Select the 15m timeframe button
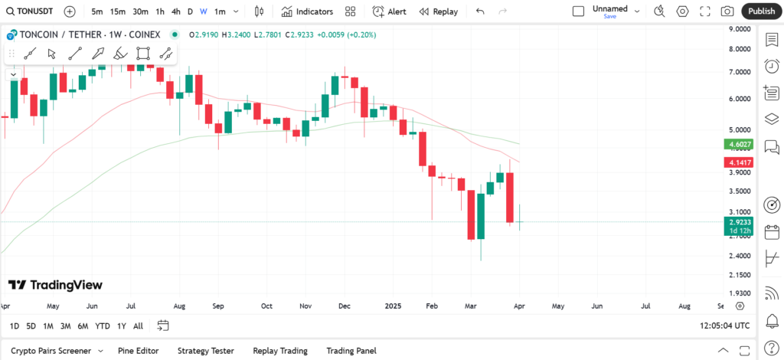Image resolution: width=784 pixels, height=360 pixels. [x=117, y=11]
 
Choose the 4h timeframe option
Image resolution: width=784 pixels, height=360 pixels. [x=176, y=11]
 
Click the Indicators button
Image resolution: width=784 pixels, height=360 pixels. [x=307, y=11]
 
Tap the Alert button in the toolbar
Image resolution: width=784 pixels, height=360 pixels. [x=390, y=11]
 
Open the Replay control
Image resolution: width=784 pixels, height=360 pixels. [x=439, y=11]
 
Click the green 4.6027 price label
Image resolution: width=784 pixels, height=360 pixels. [x=740, y=144]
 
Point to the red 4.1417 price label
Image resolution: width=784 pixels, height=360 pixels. [x=740, y=162]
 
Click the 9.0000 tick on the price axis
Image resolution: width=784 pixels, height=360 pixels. [x=739, y=29]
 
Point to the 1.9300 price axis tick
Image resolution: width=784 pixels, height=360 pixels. [x=739, y=293]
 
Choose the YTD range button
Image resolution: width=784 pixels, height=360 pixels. [x=102, y=326]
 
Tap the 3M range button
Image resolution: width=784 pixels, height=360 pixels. [x=65, y=326]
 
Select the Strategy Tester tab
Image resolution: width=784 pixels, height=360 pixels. [x=205, y=351]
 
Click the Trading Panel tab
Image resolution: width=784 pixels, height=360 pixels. [x=351, y=351]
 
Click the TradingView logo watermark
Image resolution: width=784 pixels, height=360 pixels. [x=55, y=285]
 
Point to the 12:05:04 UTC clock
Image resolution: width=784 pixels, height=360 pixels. [x=724, y=326]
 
